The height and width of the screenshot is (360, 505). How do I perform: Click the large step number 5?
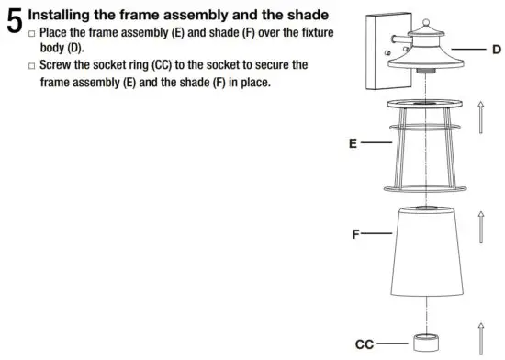click(x=13, y=21)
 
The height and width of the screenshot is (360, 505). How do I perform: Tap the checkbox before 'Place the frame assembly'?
click(x=33, y=33)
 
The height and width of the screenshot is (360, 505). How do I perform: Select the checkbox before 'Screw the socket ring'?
click(x=33, y=67)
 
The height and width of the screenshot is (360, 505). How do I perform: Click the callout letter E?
click(x=353, y=143)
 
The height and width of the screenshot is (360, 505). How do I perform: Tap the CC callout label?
click(x=364, y=344)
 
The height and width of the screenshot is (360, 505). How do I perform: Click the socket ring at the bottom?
click(x=423, y=344)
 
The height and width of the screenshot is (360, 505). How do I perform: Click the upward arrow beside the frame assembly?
click(x=479, y=119)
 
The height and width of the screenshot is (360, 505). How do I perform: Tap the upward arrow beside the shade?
click(x=479, y=228)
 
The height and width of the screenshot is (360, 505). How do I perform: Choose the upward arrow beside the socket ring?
click(x=479, y=338)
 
